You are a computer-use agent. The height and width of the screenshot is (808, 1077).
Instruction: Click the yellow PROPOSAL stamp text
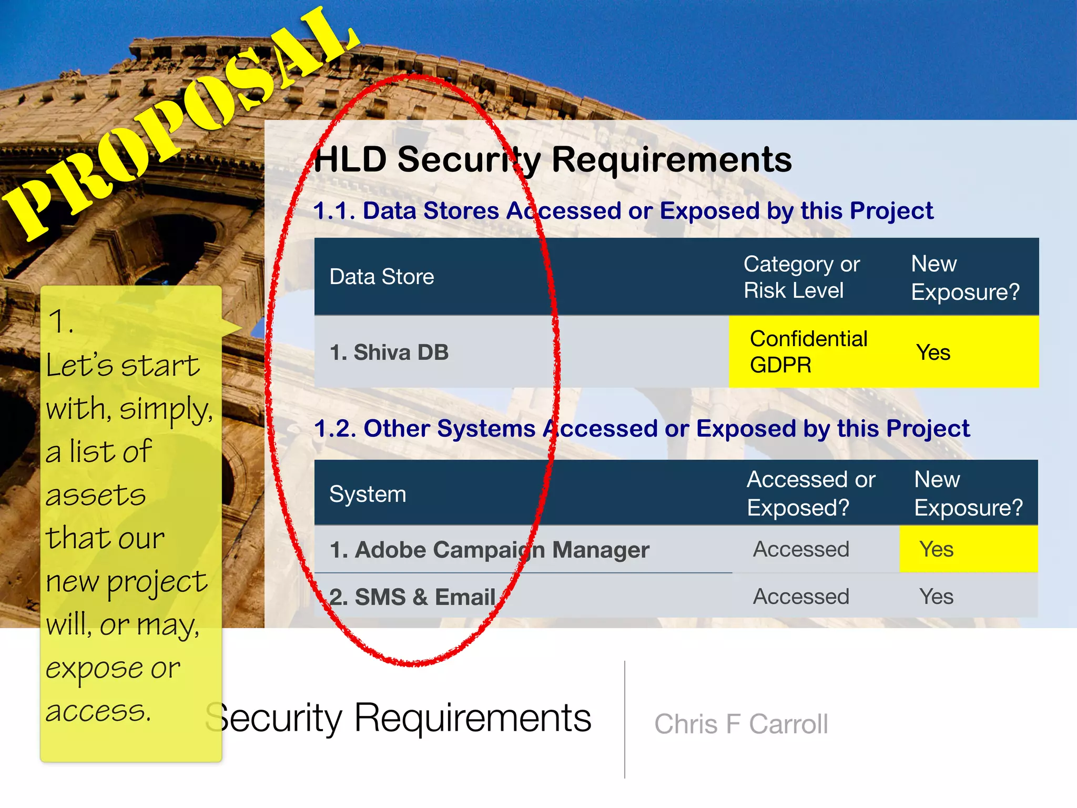point(179,124)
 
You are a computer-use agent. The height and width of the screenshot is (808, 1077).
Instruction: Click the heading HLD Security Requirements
point(552,159)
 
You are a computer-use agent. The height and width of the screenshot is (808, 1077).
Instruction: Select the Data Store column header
point(382,277)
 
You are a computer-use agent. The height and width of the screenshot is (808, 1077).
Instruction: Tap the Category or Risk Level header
point(801,277)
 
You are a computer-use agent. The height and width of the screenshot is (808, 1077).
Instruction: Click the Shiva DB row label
point(389,352)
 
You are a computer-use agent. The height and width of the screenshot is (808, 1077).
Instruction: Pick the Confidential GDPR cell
point(808,351)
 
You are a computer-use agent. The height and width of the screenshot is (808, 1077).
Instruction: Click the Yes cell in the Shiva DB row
point(933,352)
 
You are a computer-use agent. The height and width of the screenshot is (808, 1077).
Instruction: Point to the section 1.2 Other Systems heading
point(642,428)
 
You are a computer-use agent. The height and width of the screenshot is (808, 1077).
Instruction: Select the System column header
point(368,494)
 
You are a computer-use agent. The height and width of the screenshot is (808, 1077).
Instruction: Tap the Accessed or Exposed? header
point(811,493)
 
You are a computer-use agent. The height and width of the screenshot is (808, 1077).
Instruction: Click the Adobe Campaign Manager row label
point(489,550)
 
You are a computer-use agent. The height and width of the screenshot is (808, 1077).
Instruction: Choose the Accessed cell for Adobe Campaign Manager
point(801,549)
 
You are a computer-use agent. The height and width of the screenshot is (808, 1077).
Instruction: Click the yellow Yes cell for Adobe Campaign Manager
point(937,549)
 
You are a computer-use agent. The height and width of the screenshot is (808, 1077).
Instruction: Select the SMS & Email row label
point(413,597)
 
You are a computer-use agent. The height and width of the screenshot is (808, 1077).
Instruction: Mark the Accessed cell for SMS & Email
point(801,597)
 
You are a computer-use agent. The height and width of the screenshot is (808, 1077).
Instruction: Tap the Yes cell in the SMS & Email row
point(937,597)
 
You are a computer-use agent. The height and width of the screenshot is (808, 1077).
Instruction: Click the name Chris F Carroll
point(741,724)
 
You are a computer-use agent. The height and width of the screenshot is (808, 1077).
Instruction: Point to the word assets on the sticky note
point(96,495)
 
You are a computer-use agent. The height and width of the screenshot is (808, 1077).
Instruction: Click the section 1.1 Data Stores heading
point(623,211)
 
